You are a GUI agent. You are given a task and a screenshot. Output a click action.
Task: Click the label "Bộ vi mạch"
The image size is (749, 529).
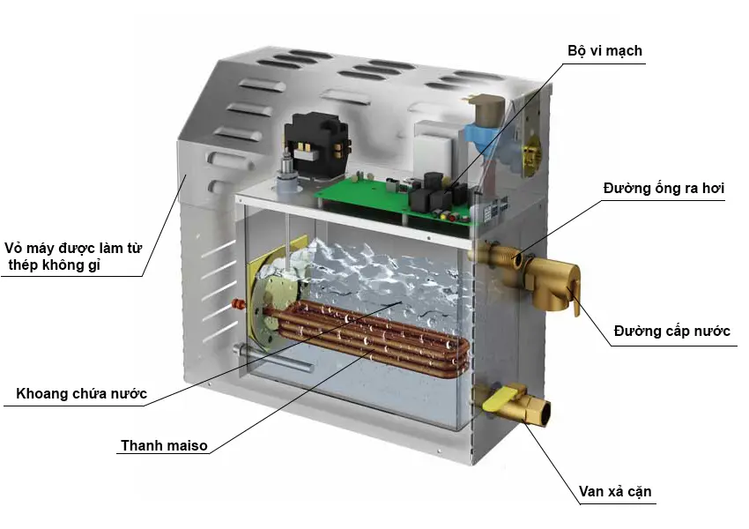604,51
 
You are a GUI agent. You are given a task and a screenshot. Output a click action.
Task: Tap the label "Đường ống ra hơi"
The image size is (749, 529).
663,189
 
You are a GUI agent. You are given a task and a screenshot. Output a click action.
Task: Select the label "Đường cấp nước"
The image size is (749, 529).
672,332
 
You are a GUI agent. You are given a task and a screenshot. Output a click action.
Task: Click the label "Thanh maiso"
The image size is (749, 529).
164,445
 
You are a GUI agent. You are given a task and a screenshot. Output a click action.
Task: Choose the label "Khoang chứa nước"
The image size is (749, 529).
81,393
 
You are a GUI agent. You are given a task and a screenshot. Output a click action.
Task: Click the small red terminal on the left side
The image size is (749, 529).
236,304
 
